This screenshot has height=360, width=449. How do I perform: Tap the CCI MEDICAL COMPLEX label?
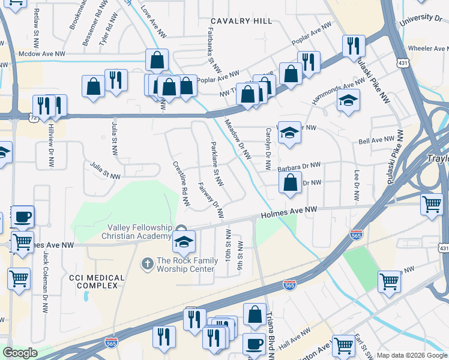coord(97,282)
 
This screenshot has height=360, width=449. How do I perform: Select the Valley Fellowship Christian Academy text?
coord(140,232)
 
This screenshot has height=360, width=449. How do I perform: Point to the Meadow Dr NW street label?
coord(238,138)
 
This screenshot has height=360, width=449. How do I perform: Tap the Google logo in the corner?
coord(20,353)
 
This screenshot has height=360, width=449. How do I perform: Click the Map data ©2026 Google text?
coord(411,355)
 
